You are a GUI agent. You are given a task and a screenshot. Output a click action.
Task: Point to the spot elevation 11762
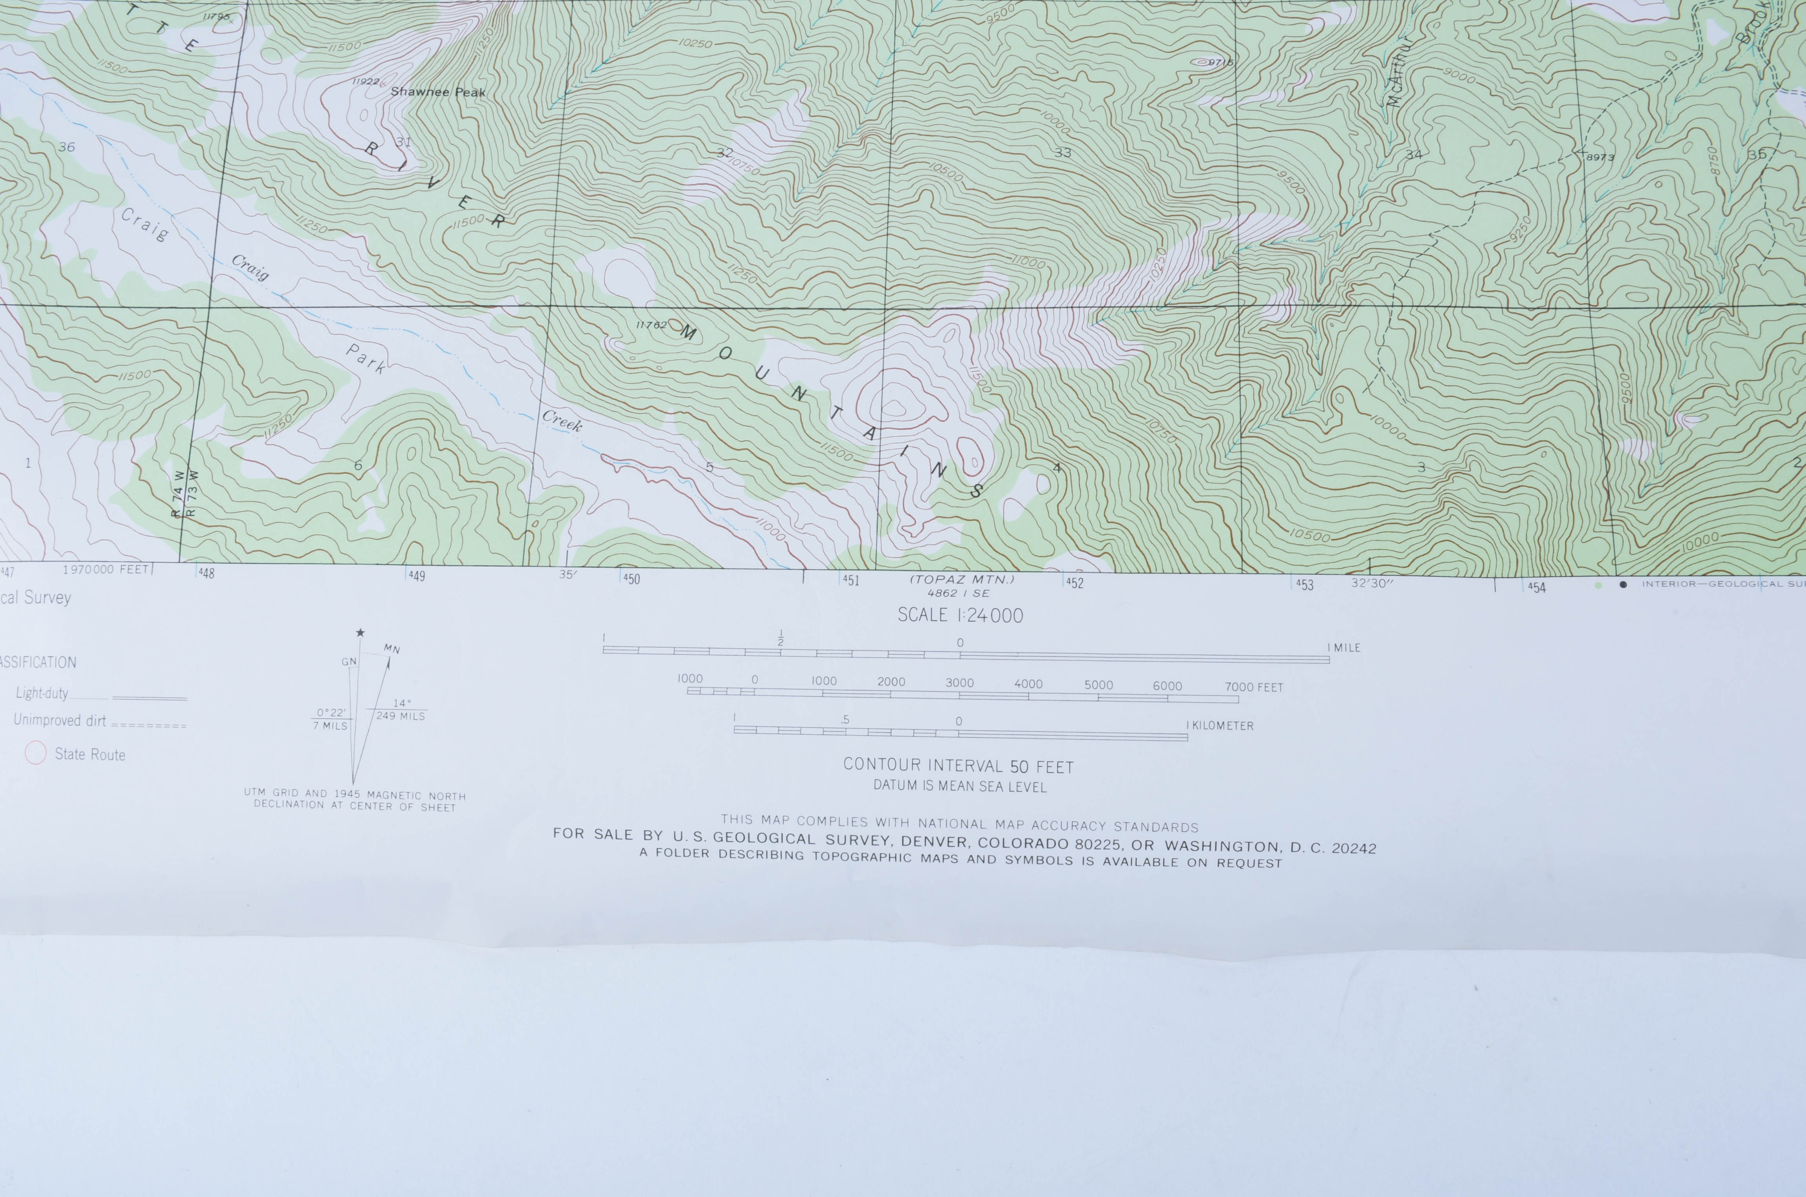tap(651, 324)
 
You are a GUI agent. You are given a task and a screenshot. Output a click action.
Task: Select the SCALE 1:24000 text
tap(960, 615)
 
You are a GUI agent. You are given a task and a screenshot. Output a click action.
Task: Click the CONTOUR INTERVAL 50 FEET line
tap(958, 766)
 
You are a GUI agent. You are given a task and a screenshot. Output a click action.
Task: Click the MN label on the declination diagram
tap(392, 649)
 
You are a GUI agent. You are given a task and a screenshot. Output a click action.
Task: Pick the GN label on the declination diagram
tap(349, 662)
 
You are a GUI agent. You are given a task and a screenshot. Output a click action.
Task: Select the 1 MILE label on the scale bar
tap(1344, 648)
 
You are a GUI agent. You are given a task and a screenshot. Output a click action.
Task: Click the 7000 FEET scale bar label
tap(1254, 687)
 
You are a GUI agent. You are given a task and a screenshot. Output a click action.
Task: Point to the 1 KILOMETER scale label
tap(1220, 726)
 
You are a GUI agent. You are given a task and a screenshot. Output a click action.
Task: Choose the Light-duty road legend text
tap(42, 693)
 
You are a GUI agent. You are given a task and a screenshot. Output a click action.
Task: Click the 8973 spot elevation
tap(1601, 157)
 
